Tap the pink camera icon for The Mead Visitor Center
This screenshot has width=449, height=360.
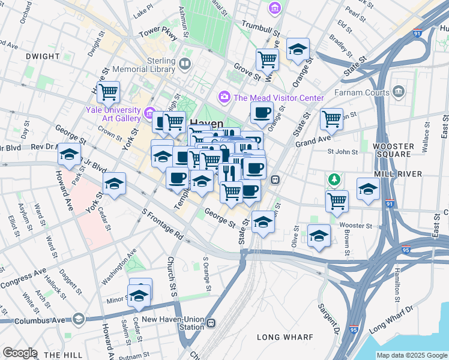coord(224,97)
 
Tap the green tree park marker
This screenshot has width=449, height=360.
coord(333,179)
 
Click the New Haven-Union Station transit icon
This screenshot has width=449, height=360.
coord(211,323)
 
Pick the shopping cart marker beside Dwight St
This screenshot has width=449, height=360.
coord(109,92)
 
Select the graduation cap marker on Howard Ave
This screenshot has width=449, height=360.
coord(70,154)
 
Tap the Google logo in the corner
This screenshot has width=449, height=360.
coord(19,353)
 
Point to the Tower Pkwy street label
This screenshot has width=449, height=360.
coord(158,33)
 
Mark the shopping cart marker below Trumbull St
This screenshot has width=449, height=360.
coord(267,59)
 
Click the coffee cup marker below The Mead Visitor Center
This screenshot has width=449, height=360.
coord(262,112)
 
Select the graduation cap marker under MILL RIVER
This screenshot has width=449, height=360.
coord(368,188)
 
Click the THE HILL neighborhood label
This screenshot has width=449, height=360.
coord(58,355)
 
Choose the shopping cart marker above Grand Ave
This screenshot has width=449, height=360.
coord(331,119)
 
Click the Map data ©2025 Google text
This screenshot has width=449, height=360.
coord(412,355)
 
